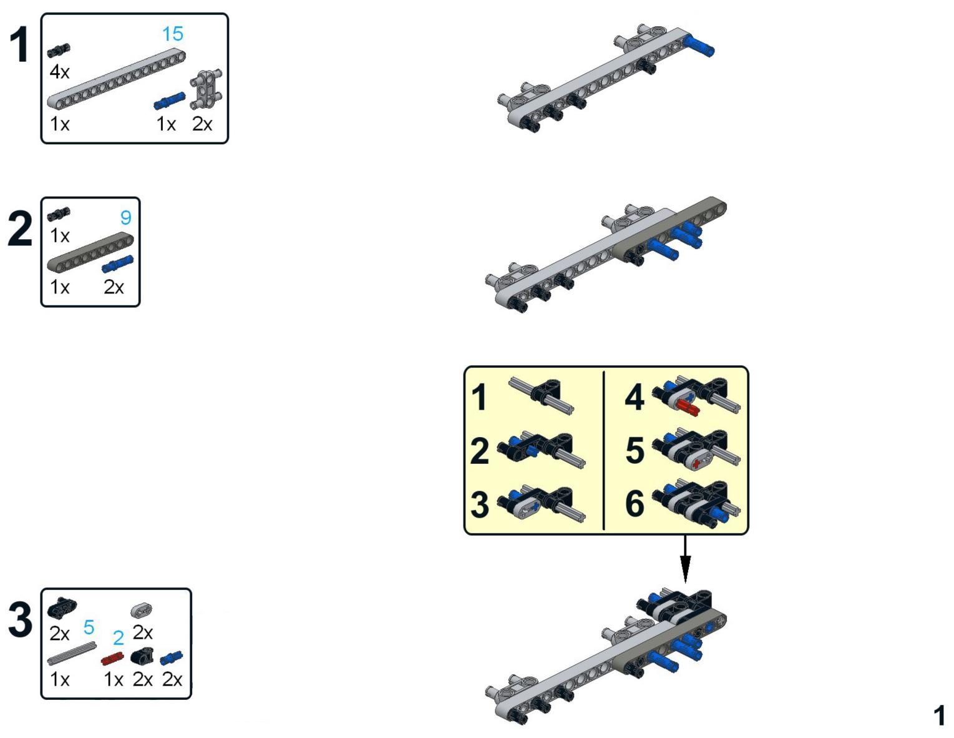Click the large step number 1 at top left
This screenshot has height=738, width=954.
[x=20, y=45]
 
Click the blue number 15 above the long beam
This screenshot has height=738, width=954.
[x=173, y=34]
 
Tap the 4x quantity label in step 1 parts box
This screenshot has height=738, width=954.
[x=59, y=72]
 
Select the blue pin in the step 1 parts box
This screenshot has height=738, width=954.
[x=170, y=101]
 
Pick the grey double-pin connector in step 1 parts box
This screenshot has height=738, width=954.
[x=206, y=89]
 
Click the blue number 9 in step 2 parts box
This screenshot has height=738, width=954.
[x=125, y=217]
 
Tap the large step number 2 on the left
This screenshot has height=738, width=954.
[x=20, y=229]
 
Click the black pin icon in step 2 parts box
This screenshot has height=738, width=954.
[x=59, y=213]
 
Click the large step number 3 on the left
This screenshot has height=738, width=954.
[x=21, y=619]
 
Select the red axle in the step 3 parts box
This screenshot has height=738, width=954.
[x=112, y=659]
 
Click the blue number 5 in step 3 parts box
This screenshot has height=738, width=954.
[x=89, y=627]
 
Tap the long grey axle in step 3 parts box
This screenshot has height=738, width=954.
[x=72, y=654]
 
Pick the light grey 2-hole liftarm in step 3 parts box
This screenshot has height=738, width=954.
[x=142, y=610]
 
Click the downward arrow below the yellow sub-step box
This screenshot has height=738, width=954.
[x=685, y=558]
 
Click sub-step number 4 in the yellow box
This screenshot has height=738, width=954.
[x=635, y=397]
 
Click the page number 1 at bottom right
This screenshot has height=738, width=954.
[x=939, y=716]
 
